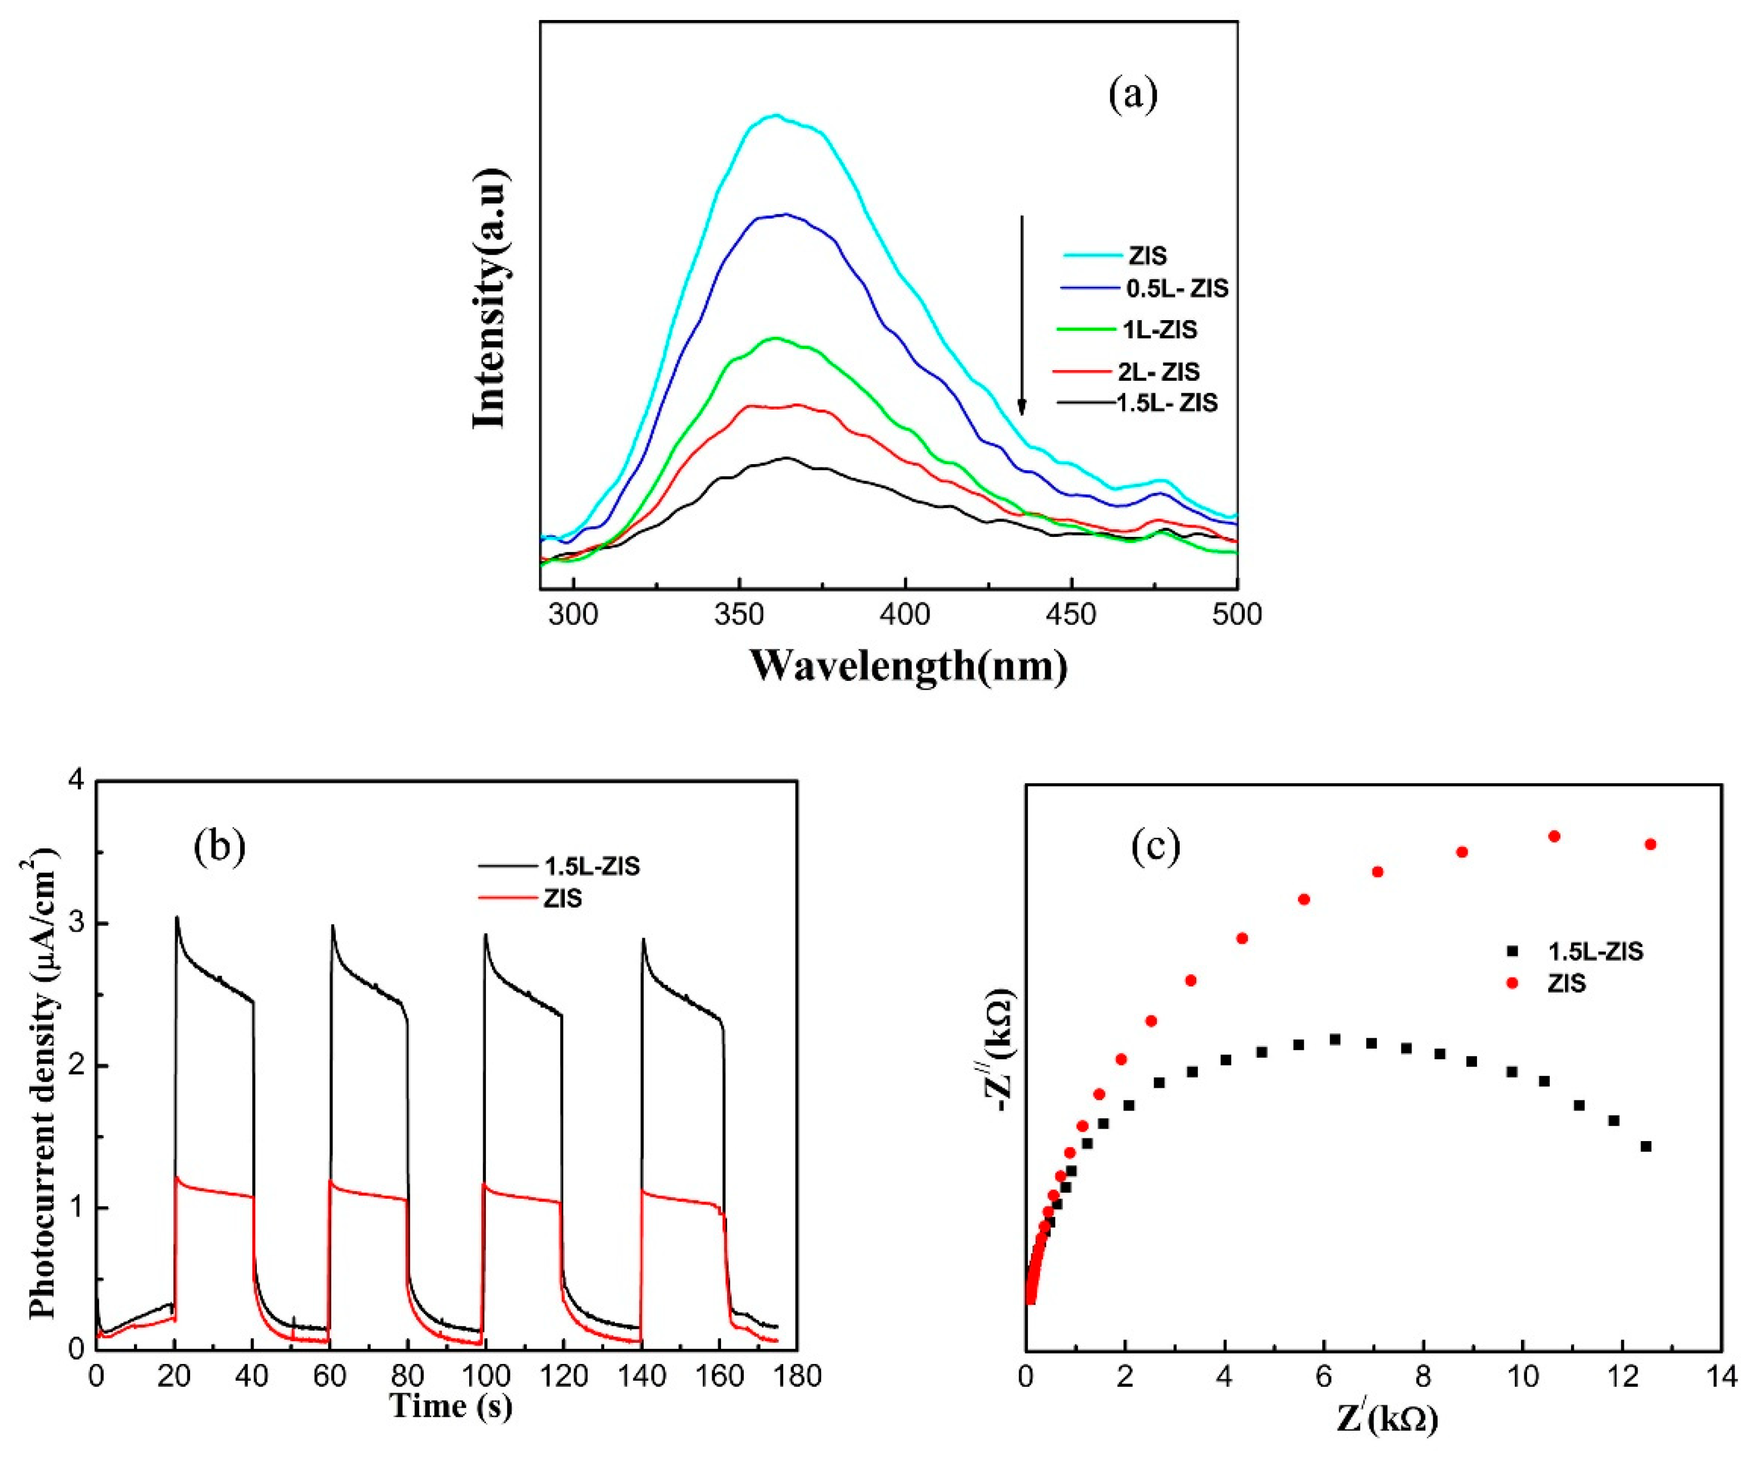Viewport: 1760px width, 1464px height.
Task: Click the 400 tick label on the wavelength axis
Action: (905, 614)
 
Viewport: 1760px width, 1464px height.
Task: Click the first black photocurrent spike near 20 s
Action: (177, 918)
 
